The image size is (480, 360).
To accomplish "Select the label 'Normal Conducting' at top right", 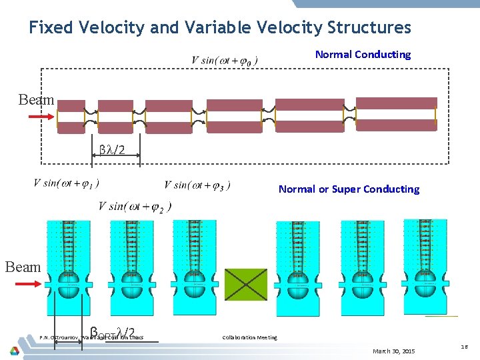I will (363, 55).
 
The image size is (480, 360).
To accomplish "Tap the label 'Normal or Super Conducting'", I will (349, 189).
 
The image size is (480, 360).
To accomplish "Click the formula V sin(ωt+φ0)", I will (225, 61).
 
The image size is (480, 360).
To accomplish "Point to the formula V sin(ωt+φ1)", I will (66, 183).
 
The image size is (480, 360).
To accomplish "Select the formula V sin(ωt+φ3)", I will (197, 185).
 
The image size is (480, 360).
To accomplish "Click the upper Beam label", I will (36, 100).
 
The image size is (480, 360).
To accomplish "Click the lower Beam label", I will (23, 267).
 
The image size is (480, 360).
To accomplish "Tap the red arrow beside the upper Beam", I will (41, 117).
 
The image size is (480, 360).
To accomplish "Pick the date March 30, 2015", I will (393, 351).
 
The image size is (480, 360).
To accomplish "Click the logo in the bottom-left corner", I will (14, 349).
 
